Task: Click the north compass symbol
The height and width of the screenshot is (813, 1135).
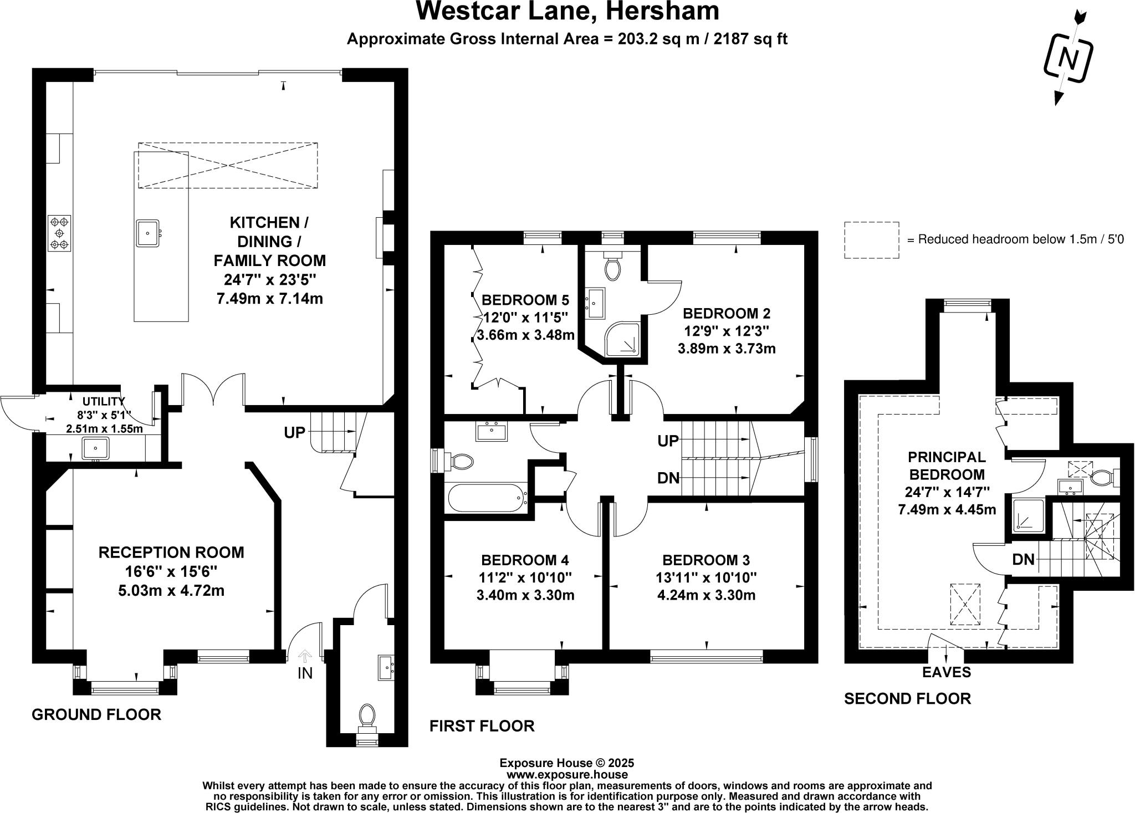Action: [1068, 58]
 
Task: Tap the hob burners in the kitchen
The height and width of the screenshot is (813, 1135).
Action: [59, 233]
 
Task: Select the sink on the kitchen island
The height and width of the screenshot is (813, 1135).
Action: [148, 233]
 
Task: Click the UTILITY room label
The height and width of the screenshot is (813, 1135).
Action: [104, 401]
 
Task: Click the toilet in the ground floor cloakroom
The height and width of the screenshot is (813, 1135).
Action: [367, 715]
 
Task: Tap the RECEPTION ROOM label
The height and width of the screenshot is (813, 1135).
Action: [171, 552]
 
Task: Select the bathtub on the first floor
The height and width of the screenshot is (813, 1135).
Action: [487, 498]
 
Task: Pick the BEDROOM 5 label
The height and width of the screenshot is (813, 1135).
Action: [525, 300]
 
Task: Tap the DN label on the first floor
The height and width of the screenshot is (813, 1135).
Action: [668, 478]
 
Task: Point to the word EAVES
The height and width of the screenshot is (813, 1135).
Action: [947, 672]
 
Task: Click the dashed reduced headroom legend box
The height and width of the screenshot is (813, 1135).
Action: [871, 239]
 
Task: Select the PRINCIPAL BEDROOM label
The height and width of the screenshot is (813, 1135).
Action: [947, 466]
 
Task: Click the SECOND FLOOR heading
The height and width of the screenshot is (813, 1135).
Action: [907, 698]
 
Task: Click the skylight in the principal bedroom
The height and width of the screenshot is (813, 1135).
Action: [965, 604]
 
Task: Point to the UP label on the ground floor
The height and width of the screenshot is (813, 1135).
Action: [295, 432]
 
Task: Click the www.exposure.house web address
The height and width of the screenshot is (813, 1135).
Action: [567, 775]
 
